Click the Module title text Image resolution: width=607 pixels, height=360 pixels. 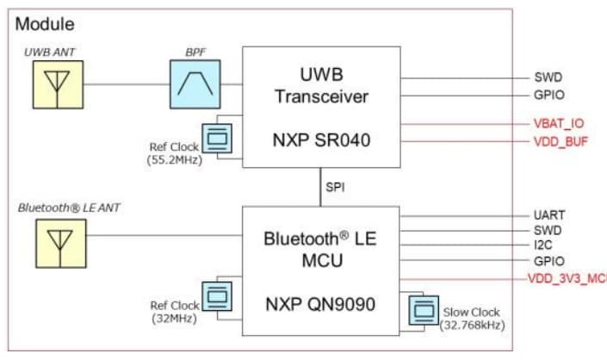coord(45,24)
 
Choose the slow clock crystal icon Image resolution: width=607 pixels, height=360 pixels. coord(424,307)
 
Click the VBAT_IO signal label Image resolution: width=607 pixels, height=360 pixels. coord(559,123)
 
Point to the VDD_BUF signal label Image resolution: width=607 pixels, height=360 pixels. coord(561,141)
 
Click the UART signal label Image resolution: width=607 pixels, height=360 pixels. coord(548,215)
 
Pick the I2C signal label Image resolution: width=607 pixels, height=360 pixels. coord(543,245)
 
